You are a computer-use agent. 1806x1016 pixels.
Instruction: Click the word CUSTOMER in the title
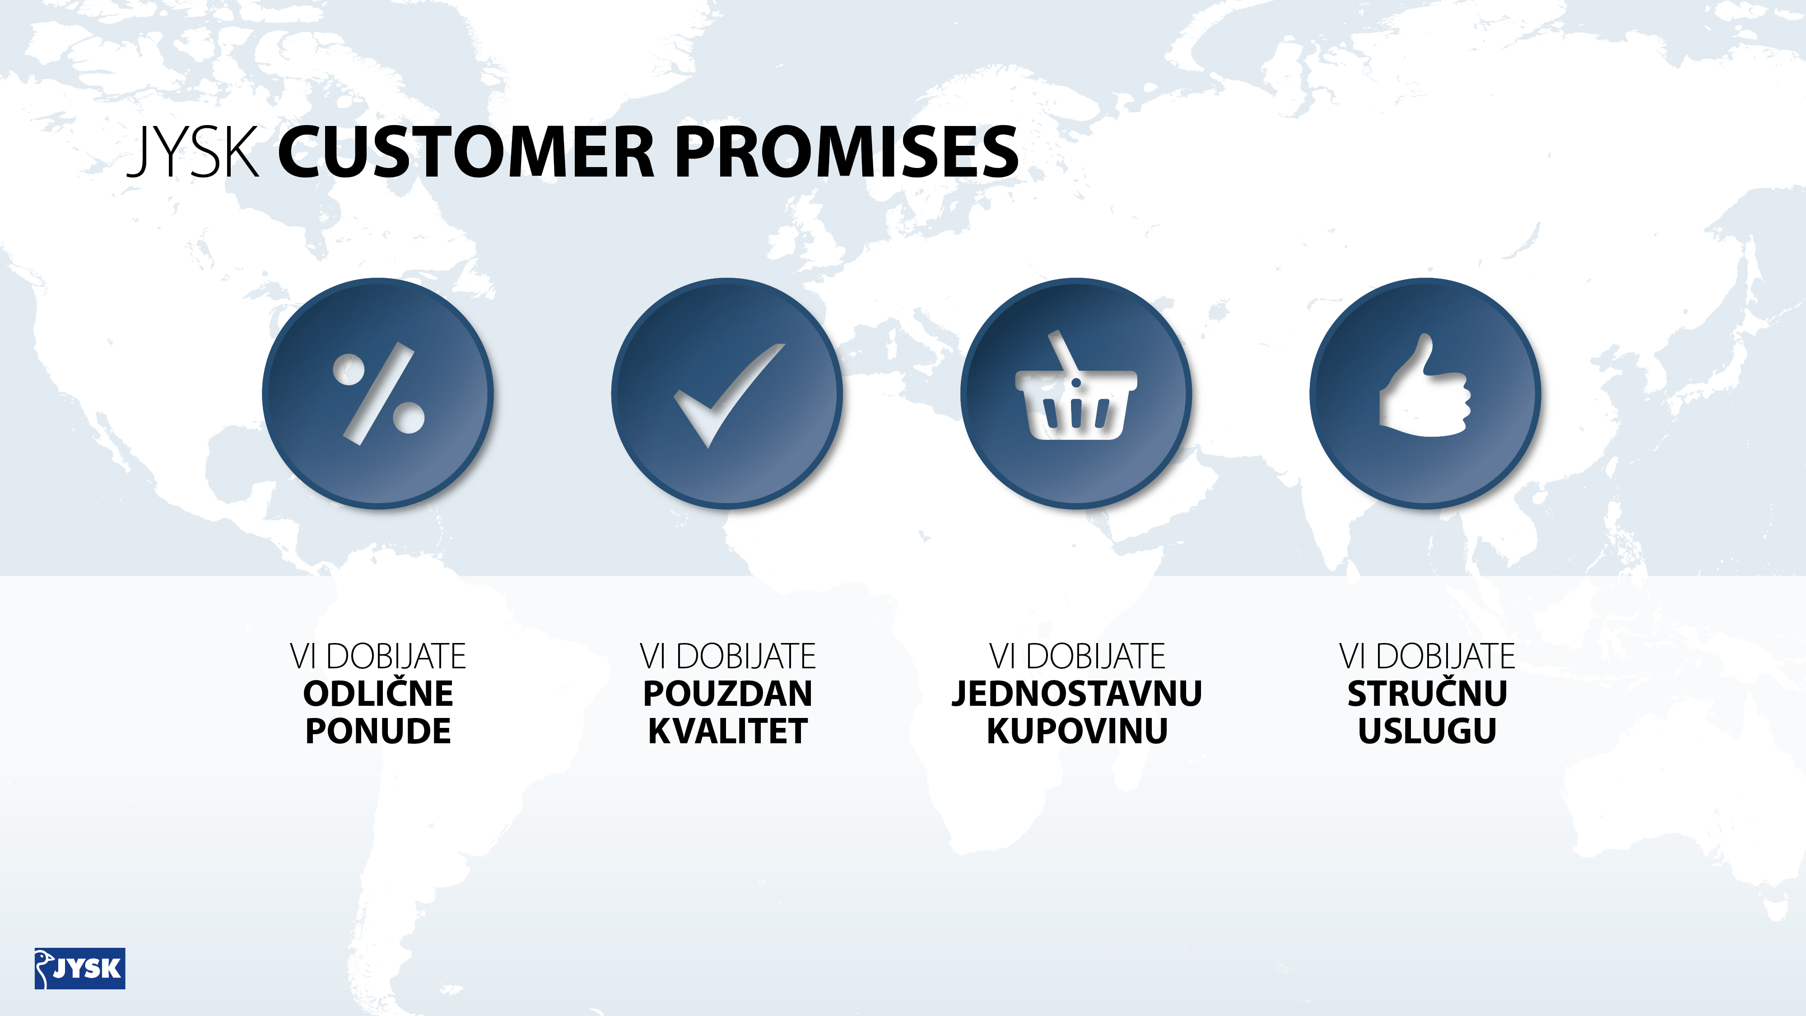(466, 152)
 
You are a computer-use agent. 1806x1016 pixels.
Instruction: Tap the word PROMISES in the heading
(846, 152)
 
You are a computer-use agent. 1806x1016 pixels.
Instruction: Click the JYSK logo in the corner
(80, 968)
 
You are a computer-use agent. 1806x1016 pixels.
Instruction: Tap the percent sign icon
(379, 393)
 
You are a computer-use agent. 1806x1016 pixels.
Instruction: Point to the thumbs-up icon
(1424, 385)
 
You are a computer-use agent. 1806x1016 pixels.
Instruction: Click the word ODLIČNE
(379, 694)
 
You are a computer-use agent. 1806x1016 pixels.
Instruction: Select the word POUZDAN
(728, 694)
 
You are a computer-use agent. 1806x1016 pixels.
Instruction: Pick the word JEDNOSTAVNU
(1077, 694)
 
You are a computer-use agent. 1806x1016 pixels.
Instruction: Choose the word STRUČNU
(1427, 694)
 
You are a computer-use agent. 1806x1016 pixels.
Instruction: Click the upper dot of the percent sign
(349, 369)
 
